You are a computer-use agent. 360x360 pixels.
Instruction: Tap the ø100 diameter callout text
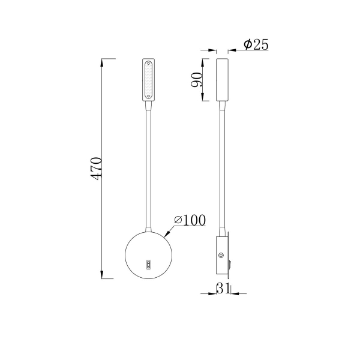[190, 220]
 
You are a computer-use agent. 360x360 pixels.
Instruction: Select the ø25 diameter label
[256, 45]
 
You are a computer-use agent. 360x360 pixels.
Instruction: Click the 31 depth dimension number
[223, 289]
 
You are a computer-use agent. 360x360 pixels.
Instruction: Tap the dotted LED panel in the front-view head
[148, 80]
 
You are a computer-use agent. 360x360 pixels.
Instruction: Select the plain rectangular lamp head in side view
[221, 80]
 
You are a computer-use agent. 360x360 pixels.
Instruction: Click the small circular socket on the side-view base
[221, 255]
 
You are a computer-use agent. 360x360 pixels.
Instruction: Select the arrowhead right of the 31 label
[233, 293]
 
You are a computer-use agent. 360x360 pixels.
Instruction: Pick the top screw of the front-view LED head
[148, 62]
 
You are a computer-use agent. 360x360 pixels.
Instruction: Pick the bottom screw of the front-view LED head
[148, 98]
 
